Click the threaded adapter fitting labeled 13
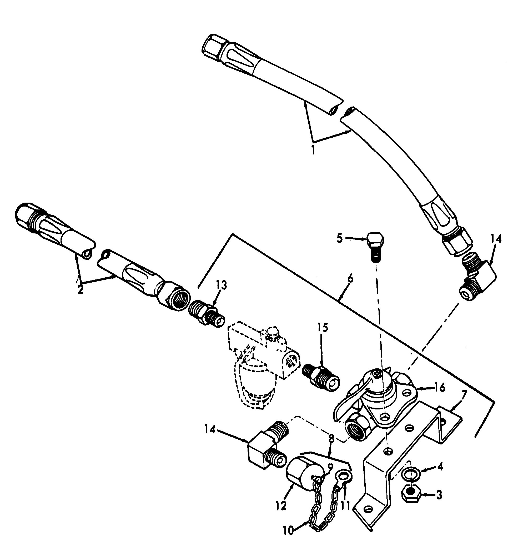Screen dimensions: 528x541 (x=205, y=314)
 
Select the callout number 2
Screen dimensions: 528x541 (x=81, y=290)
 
